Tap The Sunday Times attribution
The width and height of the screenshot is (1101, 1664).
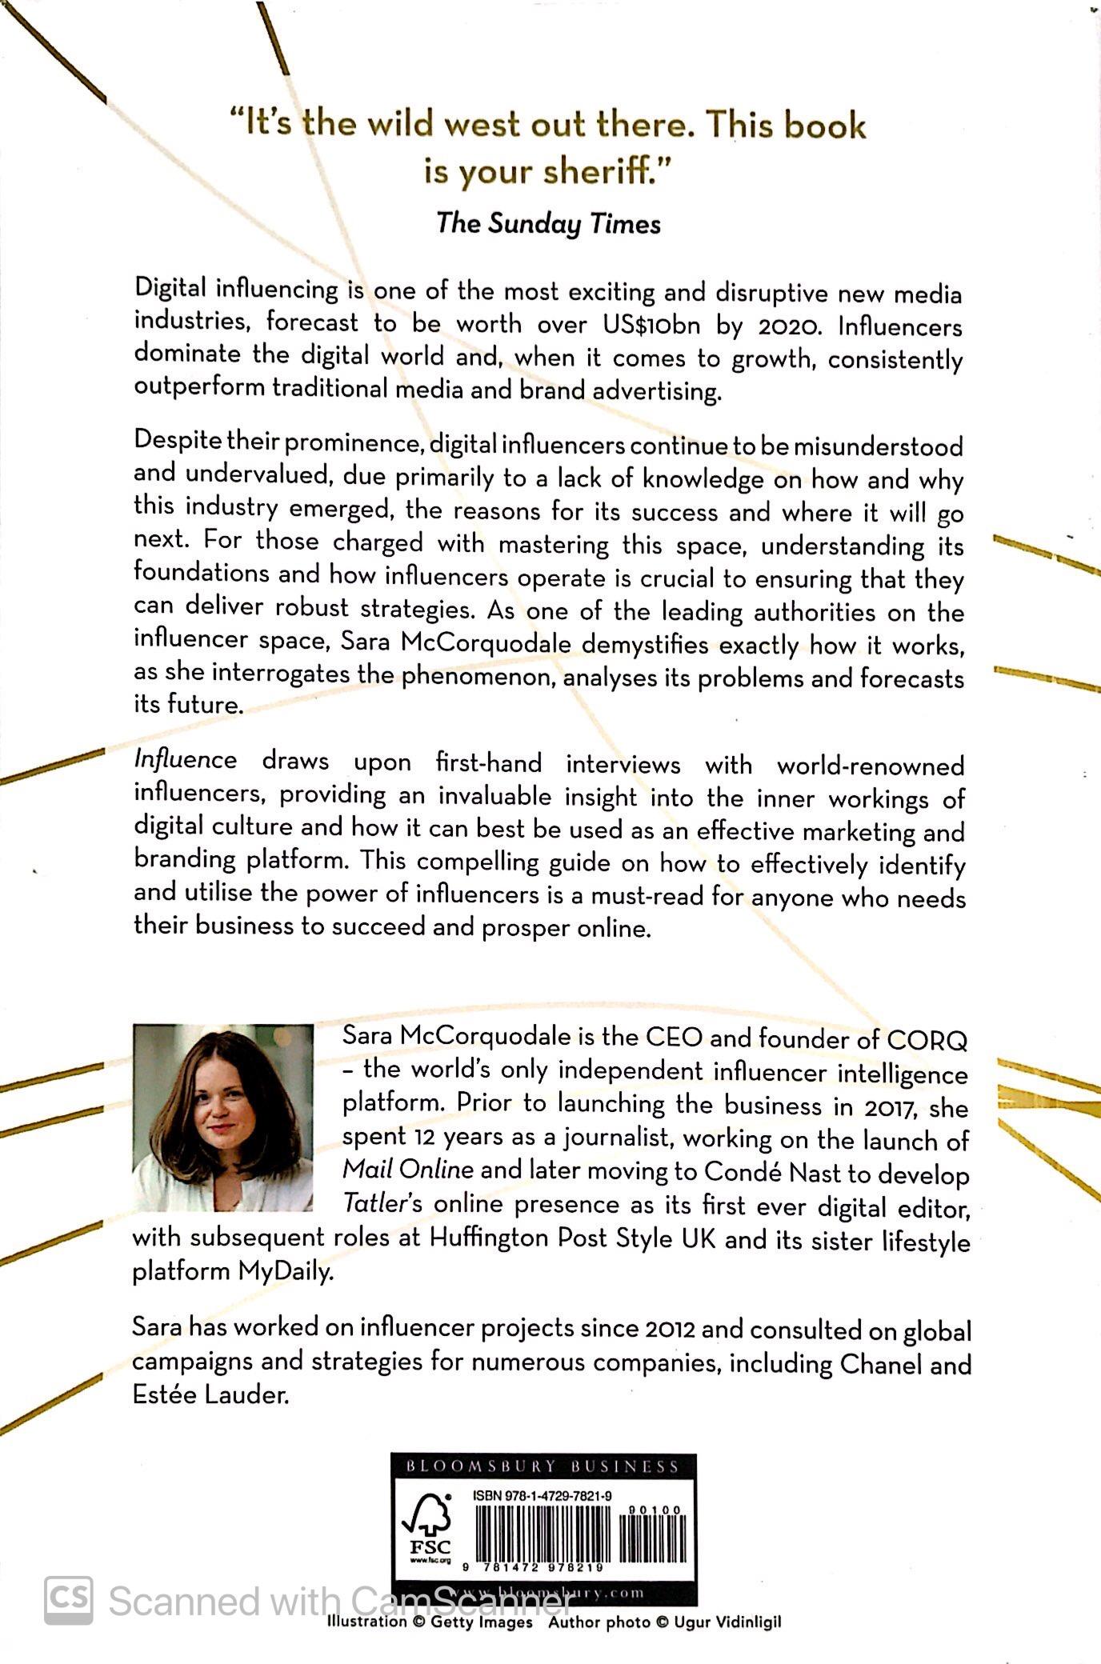[549, 223]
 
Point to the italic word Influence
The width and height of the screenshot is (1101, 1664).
[185, 759]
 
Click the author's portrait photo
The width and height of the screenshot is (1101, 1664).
[222, 1118]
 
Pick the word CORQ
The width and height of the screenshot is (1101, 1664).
[927, 1041]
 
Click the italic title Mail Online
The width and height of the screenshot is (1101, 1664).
[408, 1170]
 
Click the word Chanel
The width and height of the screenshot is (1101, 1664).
[880, 1364]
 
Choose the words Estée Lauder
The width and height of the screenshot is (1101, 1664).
[210, 1395]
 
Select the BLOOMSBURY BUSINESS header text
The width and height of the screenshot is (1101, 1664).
[542, 1466]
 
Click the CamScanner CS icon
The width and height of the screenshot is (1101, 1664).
[68, 1601]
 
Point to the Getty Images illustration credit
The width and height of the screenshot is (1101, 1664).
[430, 1622]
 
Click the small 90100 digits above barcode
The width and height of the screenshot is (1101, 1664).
[655, 1510]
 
